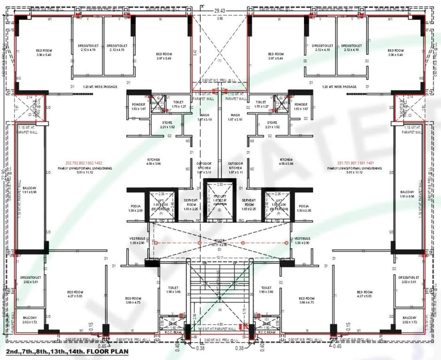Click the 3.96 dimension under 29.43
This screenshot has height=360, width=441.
click(220, 19)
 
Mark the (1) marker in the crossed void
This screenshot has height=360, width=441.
click(219, 61)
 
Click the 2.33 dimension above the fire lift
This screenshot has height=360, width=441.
click(220, 185)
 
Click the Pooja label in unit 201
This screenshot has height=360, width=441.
click(304, 209)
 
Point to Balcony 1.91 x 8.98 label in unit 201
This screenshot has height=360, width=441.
click(407, 195)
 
